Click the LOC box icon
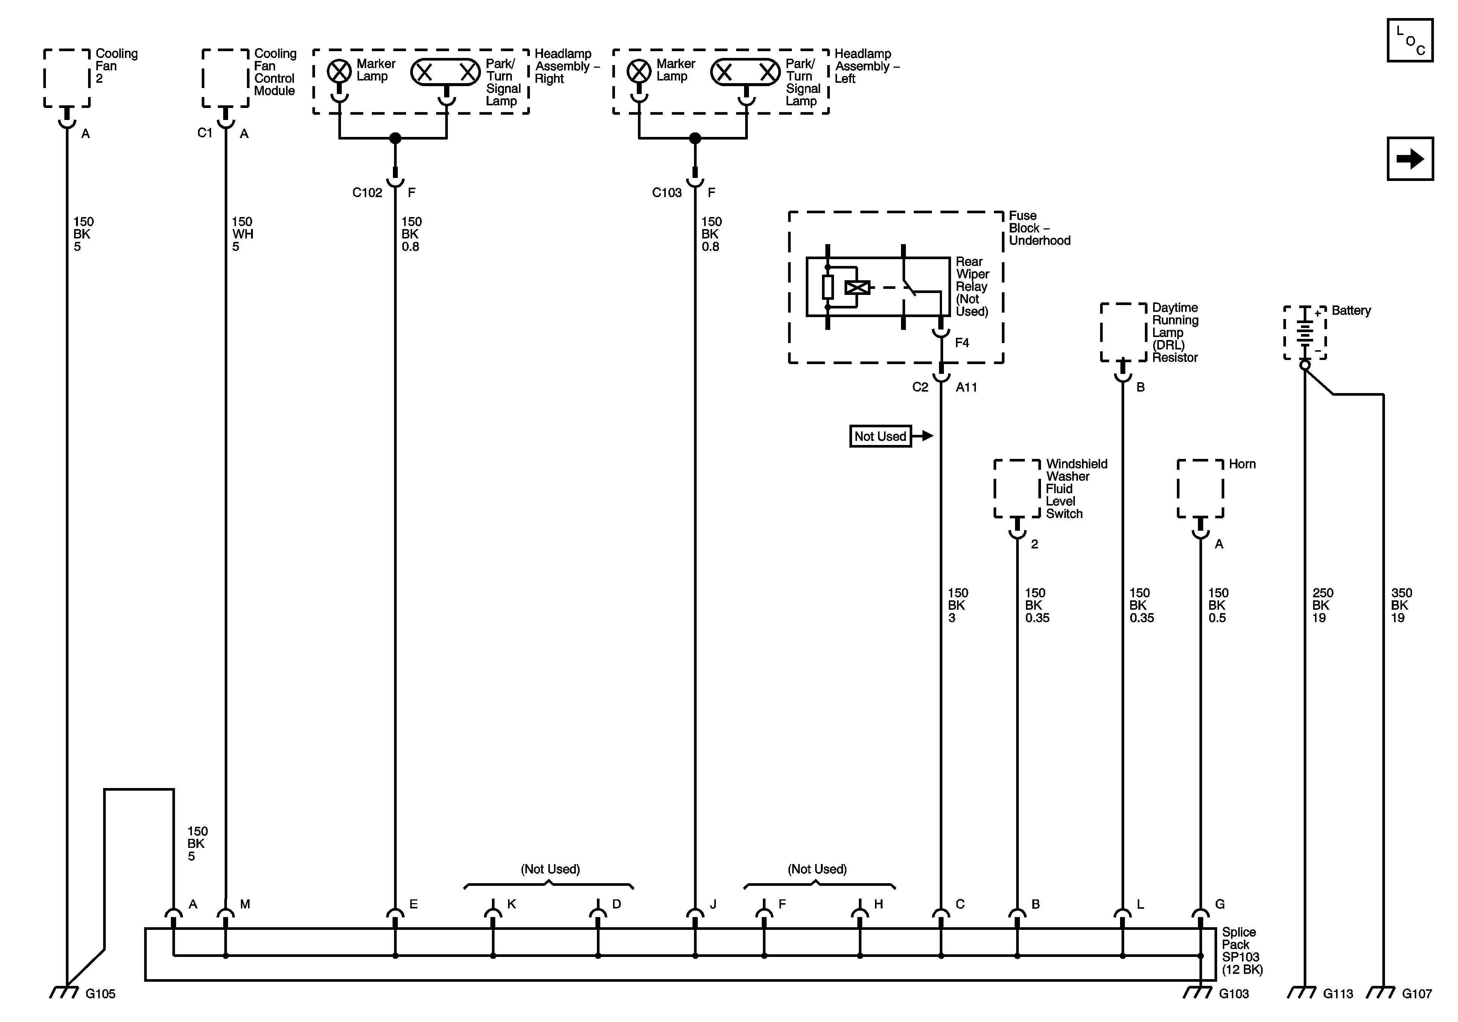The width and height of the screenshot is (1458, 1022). coord(1410,41)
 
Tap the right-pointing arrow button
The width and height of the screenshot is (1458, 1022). coord(1410,159)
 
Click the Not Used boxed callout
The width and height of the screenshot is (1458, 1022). coord(880,437)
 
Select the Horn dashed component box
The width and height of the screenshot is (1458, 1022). coord(1200,489)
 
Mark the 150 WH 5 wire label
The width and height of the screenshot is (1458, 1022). coord(242,234)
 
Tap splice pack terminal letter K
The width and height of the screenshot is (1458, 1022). coord(511,904)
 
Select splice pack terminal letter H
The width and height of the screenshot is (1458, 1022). coord(878,904)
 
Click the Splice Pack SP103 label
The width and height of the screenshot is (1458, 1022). coord(1242,951)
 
